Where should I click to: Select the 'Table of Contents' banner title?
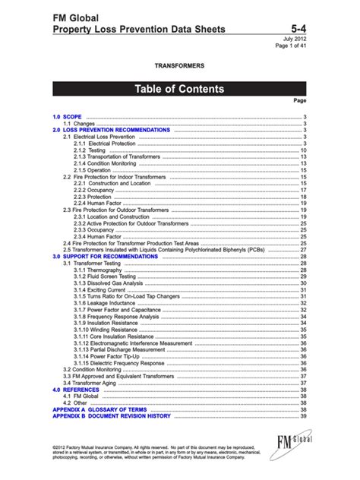pos(179,89)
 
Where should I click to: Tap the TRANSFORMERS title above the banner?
pos(180,67)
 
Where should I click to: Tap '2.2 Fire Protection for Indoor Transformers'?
pos(114,176)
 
